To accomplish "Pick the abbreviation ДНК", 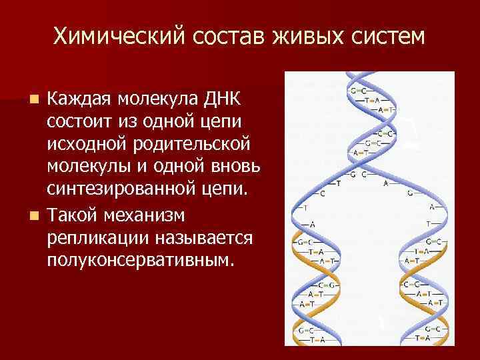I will click(x=225, y=100).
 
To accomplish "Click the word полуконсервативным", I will click(x=141, y=259).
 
